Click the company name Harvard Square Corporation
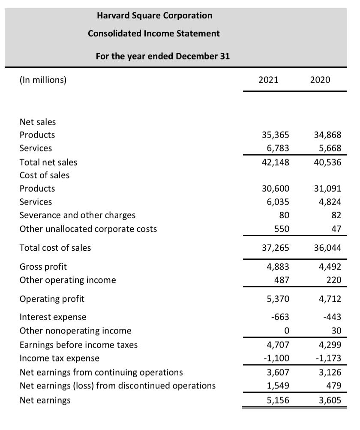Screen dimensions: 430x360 point(154,15)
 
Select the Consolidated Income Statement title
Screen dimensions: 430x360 point(154,33)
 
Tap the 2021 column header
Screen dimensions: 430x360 point(268,80)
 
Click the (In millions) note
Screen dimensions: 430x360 point(43,80)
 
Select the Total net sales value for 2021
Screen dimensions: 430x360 point(276,162)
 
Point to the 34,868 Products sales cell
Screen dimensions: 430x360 point(328,135)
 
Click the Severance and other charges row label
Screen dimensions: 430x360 point(78,215)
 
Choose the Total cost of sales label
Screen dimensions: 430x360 point(55,247)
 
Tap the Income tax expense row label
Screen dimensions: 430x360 point(60,358)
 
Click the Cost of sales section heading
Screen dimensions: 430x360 point(45,175)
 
